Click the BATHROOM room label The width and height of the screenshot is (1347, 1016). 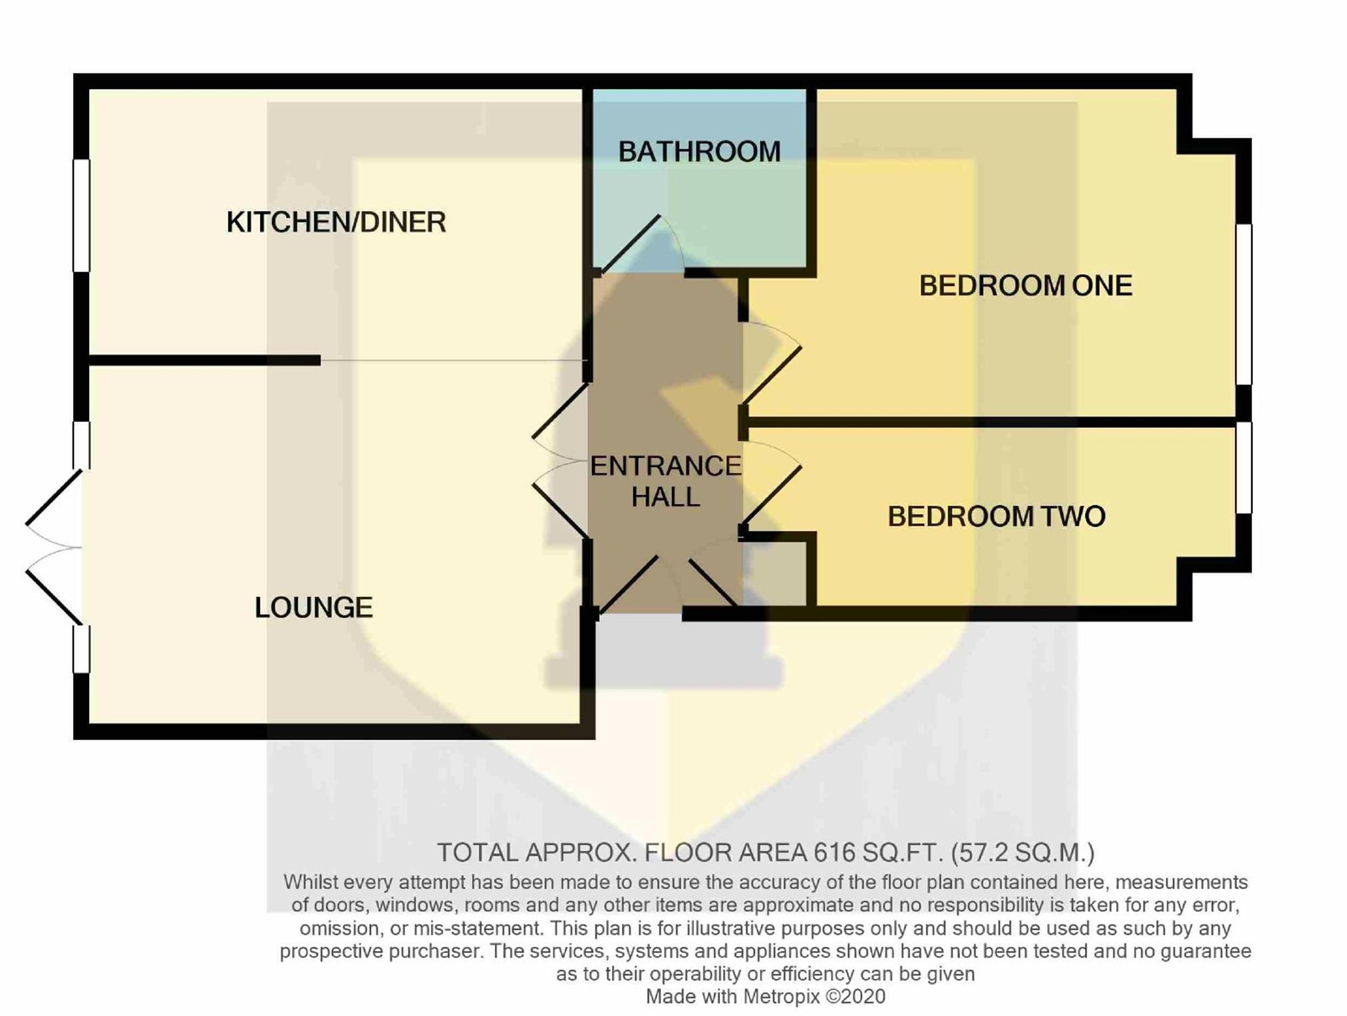click(699, 152)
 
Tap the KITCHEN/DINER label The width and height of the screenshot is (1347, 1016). click(336, 222)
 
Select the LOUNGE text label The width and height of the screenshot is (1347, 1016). click(313, 607)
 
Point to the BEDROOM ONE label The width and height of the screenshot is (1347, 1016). click(1025, 286)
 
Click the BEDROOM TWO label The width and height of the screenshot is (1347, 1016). click(996, 516)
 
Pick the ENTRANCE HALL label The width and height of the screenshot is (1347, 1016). click(665, 481)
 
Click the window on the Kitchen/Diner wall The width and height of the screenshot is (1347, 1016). click(81, 215)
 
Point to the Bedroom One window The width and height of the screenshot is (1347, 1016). click(1243, 304)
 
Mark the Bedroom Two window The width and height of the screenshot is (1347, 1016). click(1243, 467)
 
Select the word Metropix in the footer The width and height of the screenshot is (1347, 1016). click(782, 996)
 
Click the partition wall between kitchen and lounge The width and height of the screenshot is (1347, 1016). click(205, 361)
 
